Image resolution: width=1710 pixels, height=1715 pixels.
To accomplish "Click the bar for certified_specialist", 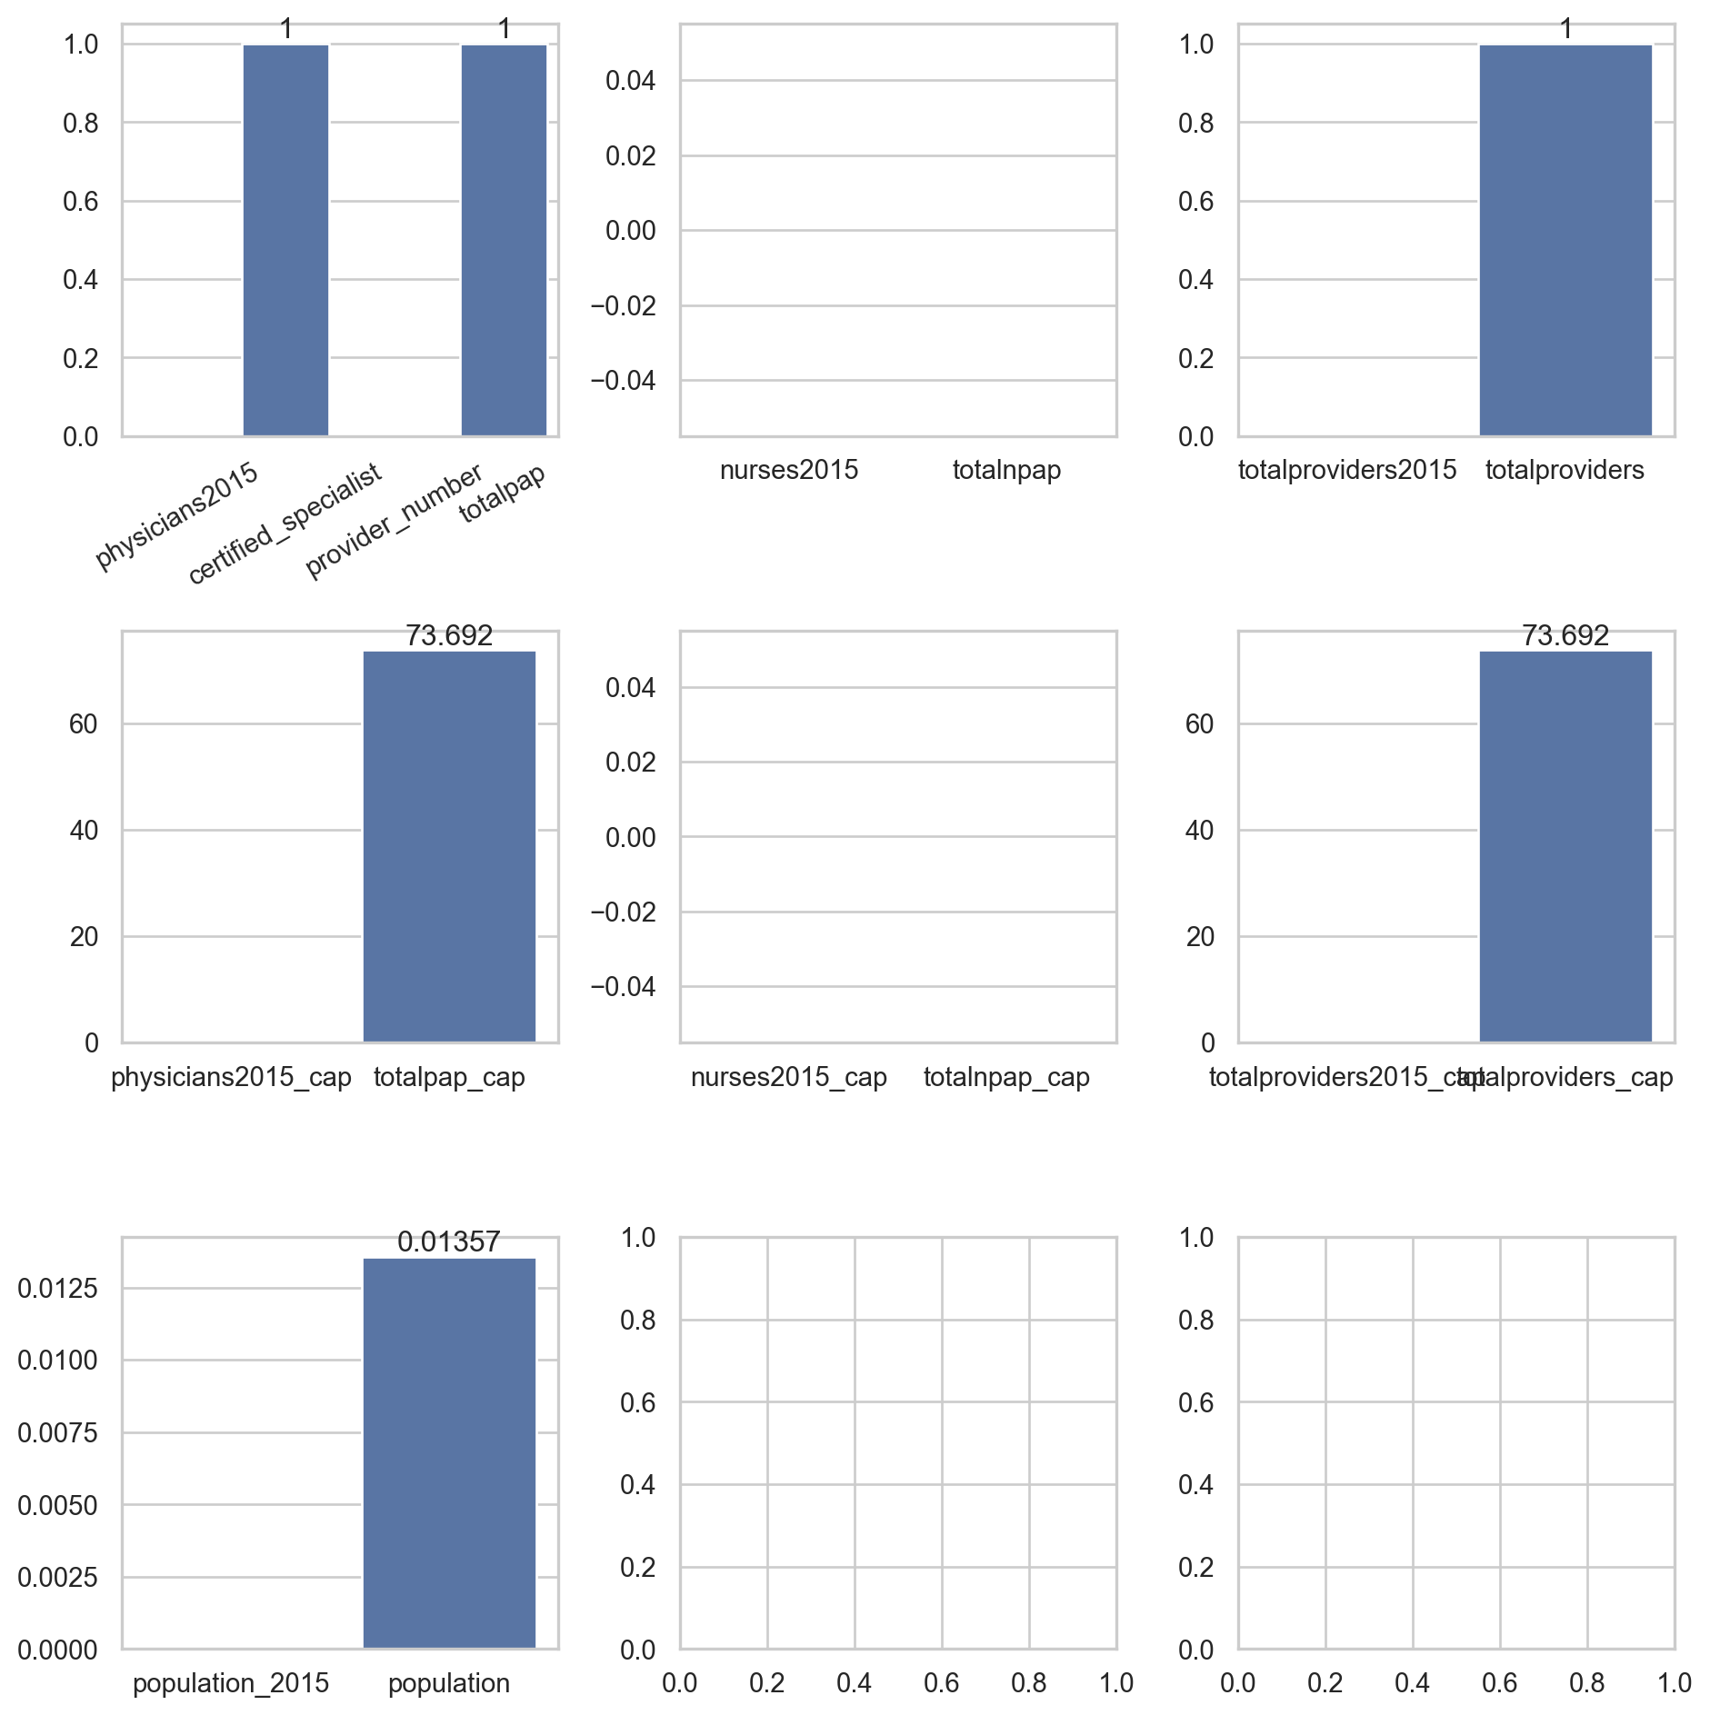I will tap(285, 240).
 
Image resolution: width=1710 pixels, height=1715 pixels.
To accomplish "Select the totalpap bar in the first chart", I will tap(504, 240).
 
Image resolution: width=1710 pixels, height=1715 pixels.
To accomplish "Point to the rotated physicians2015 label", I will tap(177, 515).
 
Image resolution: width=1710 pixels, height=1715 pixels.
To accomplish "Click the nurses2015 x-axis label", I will tap(788, 470).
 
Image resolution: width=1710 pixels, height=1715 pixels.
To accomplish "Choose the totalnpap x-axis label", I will tap(1006, 470).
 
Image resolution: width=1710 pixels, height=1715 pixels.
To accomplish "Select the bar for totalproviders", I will tap(1565, 240).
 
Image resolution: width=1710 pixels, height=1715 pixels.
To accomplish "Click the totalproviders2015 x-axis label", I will tap(1346, 470).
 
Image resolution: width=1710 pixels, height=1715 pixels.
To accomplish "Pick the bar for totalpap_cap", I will tap(449, 846).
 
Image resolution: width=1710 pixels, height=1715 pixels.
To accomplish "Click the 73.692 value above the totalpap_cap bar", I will tap(449, 635).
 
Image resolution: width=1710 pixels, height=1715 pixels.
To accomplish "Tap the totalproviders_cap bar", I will tap(1565, 846).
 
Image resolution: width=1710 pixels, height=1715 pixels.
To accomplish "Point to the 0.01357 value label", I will tap(449, 1241).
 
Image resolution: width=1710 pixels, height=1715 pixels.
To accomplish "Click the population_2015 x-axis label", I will tap(231, 1683).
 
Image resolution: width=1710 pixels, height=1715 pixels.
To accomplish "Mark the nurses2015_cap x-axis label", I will tap(788, 1077).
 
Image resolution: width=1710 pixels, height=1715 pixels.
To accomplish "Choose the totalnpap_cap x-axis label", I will tap(1006, 1077).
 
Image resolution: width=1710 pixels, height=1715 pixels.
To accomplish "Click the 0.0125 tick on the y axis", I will tap(58, 1288).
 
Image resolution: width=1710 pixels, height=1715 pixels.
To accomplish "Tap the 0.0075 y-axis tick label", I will tap(58, 1432).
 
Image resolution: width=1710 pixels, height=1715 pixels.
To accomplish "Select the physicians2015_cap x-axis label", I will tap(231, 1077).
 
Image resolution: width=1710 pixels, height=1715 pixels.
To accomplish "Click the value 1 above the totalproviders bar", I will tap(1565, 29).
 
